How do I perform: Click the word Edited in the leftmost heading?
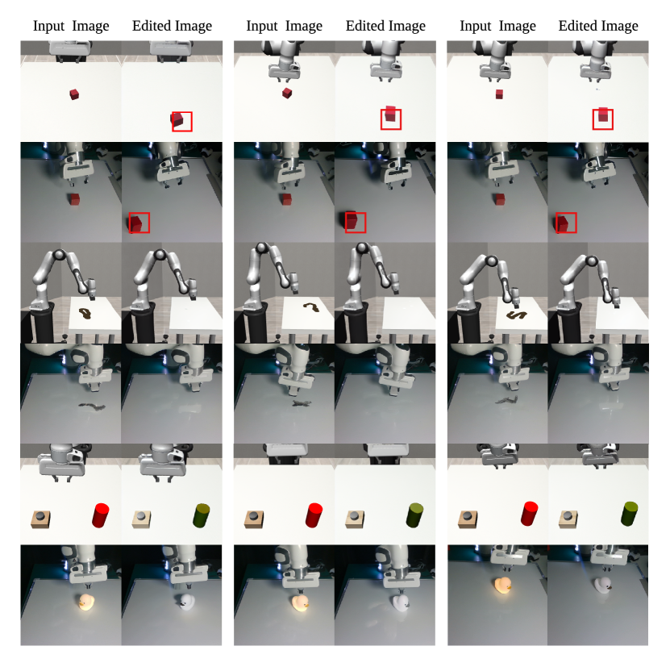pyautogui.click(x=148, y=26)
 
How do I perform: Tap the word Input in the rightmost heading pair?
pyautogui.click(x=475, y=26)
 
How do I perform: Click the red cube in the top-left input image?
pyautogui.click(x=74, y=94)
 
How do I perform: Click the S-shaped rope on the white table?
pyautogui.click(x=516, y=315)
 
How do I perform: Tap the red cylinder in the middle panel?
pyautogui.click(x=314, y=515)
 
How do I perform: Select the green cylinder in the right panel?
pyautogui.click(x=630, y=514)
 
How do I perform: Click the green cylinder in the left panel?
pyautogui.click(x=202, y=515)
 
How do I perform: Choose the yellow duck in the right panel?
pyautogui.click(x=503, y=586)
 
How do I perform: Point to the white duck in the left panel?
pyautogui.click(x=186, y=601)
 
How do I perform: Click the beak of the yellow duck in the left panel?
pyautogui.click(x=81, y=604)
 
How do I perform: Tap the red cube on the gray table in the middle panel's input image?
pyautogui.click(x=287, y=199)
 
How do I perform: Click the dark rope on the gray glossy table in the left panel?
pyautogui.click(x=91, y=406)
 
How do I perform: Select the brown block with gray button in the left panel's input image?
pyautogui.click(x=40, y=519)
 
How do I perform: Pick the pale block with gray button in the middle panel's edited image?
pyautogui.click(x=355, y=519)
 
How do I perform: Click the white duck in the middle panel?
pyautogui.click(x=400, y=602)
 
